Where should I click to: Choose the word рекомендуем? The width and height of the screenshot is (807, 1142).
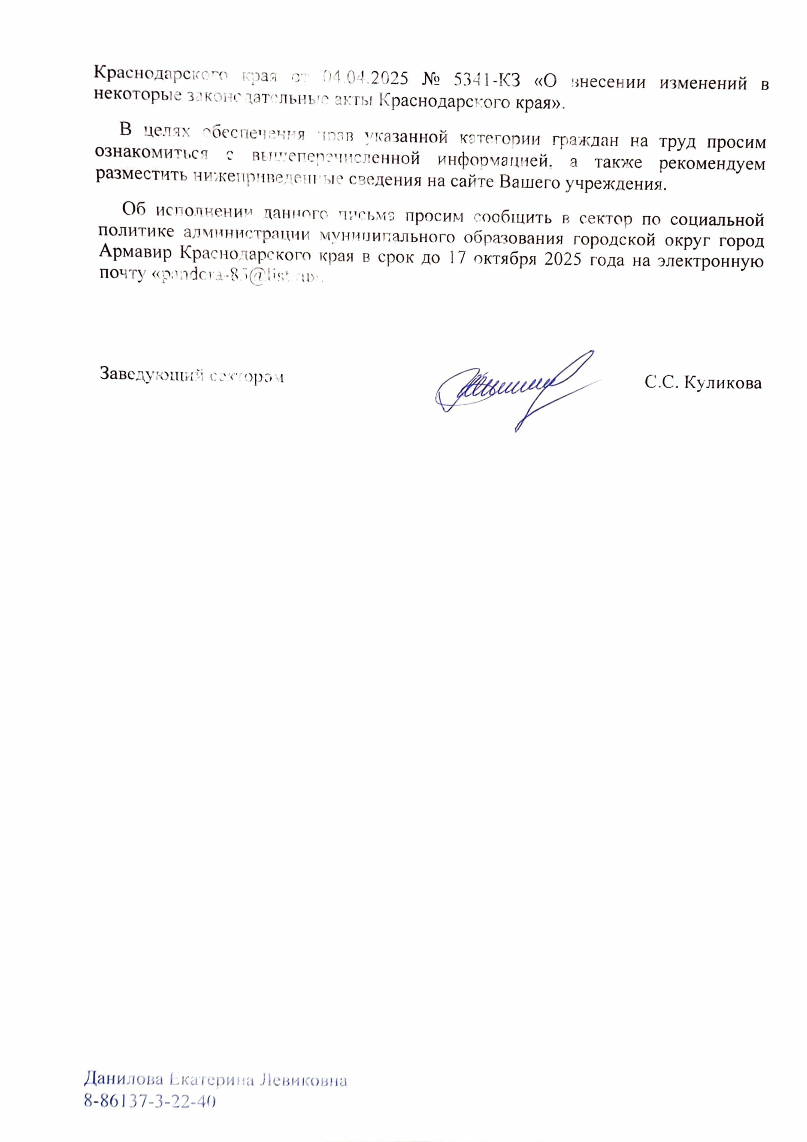click(716, 164)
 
